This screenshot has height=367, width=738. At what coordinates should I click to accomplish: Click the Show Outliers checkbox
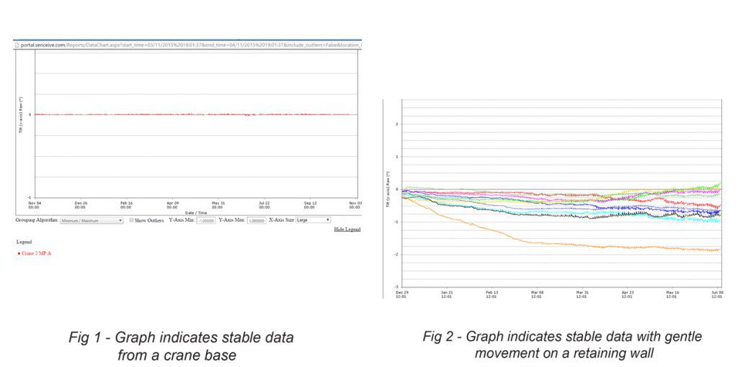132,220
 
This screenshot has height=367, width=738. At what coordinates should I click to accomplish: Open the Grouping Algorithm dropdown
92,220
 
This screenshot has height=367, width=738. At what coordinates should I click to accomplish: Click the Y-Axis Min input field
206,220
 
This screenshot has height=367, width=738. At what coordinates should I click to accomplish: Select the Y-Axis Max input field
257,220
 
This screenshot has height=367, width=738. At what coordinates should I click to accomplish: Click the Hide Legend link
347,229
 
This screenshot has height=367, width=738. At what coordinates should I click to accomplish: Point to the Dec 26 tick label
81,204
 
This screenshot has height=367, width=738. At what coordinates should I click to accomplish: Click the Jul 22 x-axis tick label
264,204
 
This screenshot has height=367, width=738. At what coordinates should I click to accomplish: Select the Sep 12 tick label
310,204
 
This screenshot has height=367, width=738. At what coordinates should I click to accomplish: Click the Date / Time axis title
196,212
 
